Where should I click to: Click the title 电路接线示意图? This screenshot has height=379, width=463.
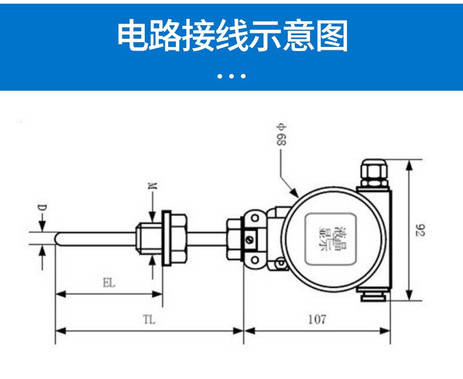tap(233, 36)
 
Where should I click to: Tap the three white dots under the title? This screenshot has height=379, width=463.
tap(231, 76)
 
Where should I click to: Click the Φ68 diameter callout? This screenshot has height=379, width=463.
tap(281, 134)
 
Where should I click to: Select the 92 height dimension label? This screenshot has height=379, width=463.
tap(420, 231)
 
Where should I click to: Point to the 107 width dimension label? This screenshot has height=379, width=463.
tap(317, 320)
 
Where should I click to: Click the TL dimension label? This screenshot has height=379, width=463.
tap(149, 320)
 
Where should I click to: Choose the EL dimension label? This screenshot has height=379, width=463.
tap(108, 283)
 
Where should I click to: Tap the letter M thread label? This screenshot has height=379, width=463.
tap(152, 186)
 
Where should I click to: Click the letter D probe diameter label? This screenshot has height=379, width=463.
tap(42, 208)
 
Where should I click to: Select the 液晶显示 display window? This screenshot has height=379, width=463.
tap(330, 239)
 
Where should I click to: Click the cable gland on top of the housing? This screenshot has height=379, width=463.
tap(374, 174)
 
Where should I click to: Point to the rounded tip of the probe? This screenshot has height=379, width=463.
tap(57, 239)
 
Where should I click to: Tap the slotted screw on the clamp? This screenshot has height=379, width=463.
tap(250, 239)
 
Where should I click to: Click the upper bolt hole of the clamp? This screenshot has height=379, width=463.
tap(255, 219)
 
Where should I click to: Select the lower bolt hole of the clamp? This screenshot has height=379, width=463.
tap(255, 260)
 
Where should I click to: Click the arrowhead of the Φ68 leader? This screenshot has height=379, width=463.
tap(294, 193)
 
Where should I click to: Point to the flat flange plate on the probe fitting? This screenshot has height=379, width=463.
tap(166, 238)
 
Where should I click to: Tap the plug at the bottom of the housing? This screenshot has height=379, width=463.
tap(373, 296)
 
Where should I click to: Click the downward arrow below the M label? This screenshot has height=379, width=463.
tap(152, 207)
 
